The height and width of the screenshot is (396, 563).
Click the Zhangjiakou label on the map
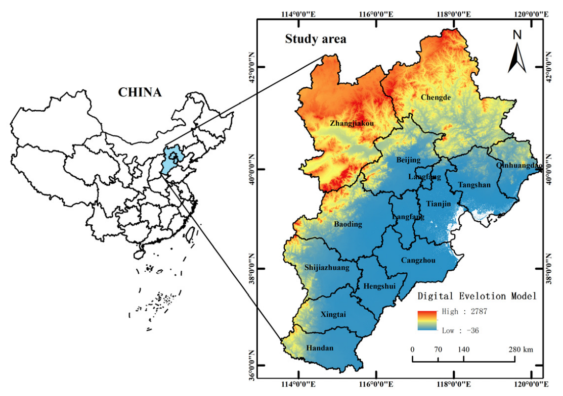coord(352,123)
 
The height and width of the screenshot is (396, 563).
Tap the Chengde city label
coord(436,97)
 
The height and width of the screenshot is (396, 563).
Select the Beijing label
coord(408,160)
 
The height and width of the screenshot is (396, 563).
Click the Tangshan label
coord(474,185)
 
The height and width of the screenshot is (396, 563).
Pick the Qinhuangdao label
coord(518,165)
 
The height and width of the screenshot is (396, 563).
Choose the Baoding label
coord(348,224)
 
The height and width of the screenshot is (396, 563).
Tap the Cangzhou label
coord(418,261)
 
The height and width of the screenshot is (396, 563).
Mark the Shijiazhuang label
coord(327,268)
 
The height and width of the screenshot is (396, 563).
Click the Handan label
coord(320,348)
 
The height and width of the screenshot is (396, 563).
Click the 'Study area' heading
coord(316,39)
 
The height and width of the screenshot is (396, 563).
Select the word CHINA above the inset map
coord(140,92)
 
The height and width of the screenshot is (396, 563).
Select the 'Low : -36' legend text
coord(460,330)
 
